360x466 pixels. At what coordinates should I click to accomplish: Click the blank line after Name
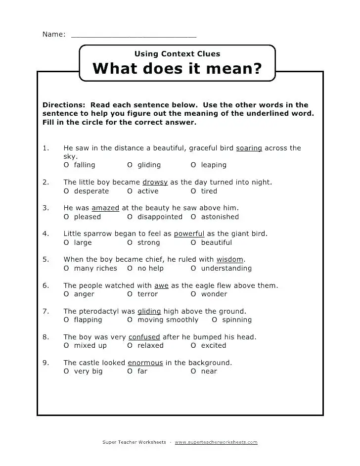tap(134, 36)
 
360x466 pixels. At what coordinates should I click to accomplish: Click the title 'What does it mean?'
tap(177, 68)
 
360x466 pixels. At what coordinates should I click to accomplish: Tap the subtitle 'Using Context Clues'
tap(177, 53)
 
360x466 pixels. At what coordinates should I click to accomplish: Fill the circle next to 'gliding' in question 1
tap(130, 165)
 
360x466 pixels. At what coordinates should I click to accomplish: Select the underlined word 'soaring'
tap(249, 148)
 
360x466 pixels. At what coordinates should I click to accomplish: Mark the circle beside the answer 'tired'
tap(193, 191)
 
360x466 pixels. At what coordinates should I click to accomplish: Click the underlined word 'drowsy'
tap(155, 182)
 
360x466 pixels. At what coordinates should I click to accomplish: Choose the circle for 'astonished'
tap(193, 217)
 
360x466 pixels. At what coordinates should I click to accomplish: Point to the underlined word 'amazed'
tap(105, 208)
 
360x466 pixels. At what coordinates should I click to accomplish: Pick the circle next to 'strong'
tap(130, 242)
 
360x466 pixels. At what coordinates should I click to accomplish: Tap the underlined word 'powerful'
tap(189, 233)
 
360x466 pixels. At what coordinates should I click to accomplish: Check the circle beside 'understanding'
tap(193, 268)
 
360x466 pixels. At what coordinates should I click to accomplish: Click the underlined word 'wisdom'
tap(230, 259)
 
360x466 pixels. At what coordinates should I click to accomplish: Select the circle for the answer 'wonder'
tap(193, 294)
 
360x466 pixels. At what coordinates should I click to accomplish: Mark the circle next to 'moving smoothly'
tap(130, 320)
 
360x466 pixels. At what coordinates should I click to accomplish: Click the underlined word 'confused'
tap(144, 337)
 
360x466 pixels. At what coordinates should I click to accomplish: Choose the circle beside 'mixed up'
tap(66, 345)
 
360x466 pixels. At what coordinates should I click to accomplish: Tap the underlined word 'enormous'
tap(145, 363)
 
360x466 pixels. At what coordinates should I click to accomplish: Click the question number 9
tap(45, 363)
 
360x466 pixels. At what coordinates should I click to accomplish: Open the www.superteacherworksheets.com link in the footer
tap(216, 442)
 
